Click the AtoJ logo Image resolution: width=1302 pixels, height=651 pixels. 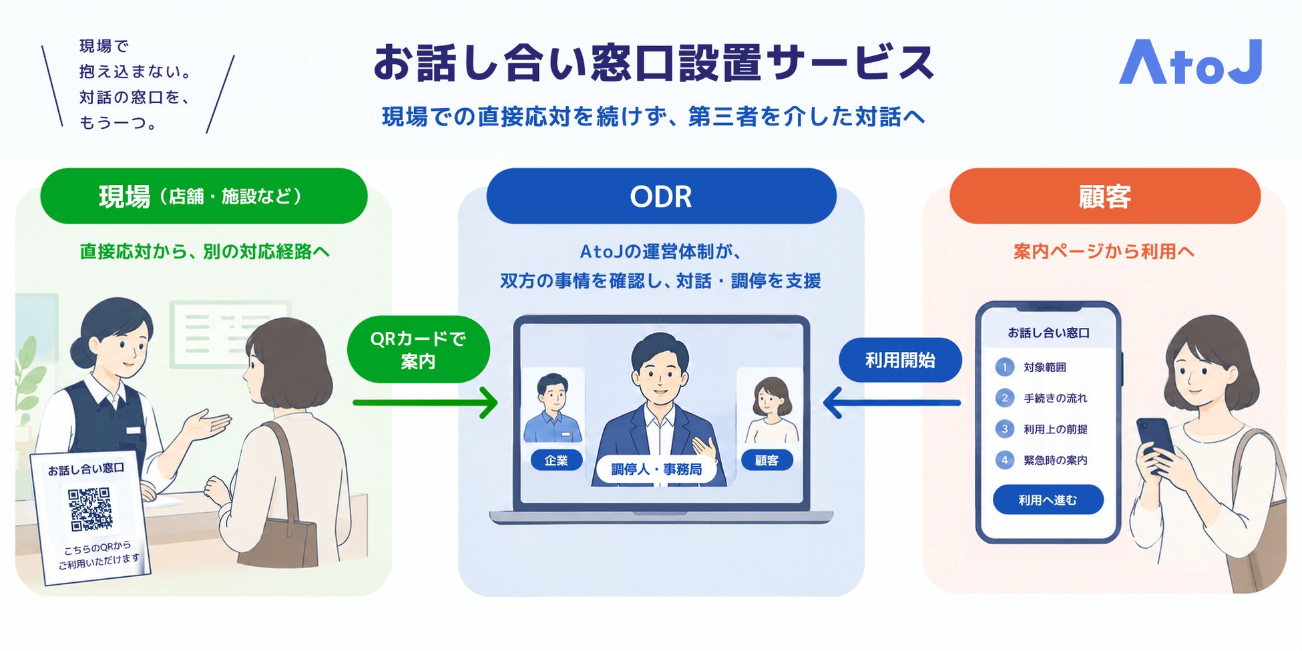pos(1190,62)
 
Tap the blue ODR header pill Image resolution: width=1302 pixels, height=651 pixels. pos(661,196)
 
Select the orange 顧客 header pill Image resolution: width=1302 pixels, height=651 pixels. pos(1105,196)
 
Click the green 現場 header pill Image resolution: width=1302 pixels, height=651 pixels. pos(204,196)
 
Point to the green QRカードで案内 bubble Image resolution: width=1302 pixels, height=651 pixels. pos(419,350)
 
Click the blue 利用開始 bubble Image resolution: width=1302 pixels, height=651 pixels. pos(900,361)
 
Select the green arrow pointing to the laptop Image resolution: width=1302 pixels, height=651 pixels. pos(425,403)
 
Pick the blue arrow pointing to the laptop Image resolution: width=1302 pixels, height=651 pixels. pos(892,403)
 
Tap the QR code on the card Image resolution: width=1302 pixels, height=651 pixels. pos(90,509)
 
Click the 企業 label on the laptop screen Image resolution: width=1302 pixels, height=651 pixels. pos(556,460)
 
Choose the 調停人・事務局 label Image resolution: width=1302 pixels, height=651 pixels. pos(656,469)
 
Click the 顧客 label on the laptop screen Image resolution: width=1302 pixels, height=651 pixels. pos(767,460)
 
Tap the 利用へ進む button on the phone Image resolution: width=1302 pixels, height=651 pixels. pos(1048,500)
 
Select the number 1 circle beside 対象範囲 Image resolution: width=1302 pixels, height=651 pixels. pos(1004,367)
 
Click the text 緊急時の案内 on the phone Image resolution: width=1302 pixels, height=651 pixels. pos(1056,460)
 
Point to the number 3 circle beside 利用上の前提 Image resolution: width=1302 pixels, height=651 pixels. pos(1004,429)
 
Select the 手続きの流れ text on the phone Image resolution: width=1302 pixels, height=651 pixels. pos(1056,398)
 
